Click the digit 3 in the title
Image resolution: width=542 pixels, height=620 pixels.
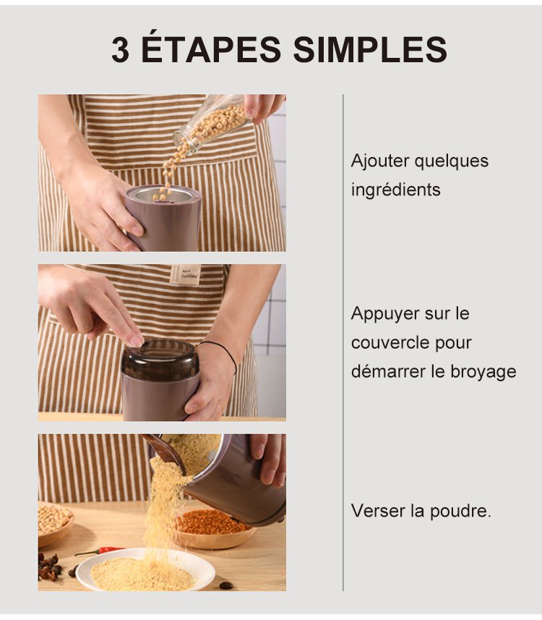120,50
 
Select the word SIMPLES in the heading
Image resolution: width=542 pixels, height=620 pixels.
370,50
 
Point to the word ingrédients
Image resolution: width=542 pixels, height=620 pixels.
395,190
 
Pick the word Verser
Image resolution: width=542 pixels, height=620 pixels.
378,511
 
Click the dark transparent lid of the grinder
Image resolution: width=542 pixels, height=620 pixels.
160,359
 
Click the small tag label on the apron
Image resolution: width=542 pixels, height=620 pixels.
186,275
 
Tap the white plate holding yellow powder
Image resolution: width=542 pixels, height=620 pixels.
145,570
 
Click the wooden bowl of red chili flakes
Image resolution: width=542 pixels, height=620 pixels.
212,529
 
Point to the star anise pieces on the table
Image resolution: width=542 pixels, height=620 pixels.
48,566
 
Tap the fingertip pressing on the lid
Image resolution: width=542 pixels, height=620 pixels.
136,341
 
